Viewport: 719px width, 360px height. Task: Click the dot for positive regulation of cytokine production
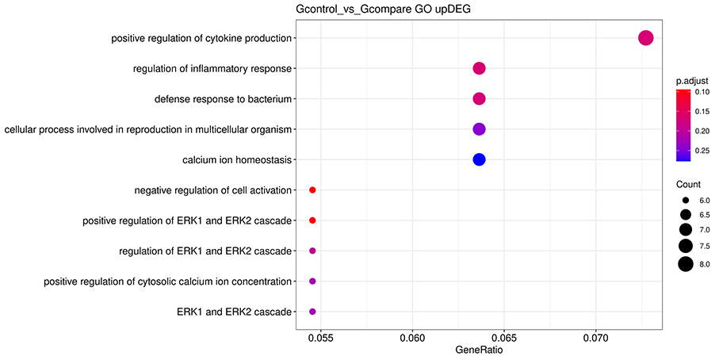point(645,38)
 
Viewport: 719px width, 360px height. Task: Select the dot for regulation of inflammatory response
point(479,69)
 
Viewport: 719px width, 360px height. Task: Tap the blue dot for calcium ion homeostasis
point(479,159)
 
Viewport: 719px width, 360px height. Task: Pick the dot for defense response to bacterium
point(479,99)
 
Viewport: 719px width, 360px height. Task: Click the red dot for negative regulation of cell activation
point(312,190)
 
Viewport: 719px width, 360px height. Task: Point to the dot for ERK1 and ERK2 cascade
point(312,312)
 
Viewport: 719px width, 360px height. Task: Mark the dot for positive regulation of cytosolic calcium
point(312,281)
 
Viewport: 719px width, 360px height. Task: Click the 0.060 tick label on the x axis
point(412,338)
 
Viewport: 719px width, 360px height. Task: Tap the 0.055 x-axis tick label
point(320,338)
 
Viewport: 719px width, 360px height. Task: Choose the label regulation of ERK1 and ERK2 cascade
point(205,251)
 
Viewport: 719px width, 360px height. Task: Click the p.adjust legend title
point(691,81)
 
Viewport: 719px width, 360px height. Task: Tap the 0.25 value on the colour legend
point(702,150)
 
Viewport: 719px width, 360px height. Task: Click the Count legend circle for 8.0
point(686,264)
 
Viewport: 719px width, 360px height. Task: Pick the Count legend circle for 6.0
point(686,201)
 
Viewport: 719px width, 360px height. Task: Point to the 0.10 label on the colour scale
point(702,92)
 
